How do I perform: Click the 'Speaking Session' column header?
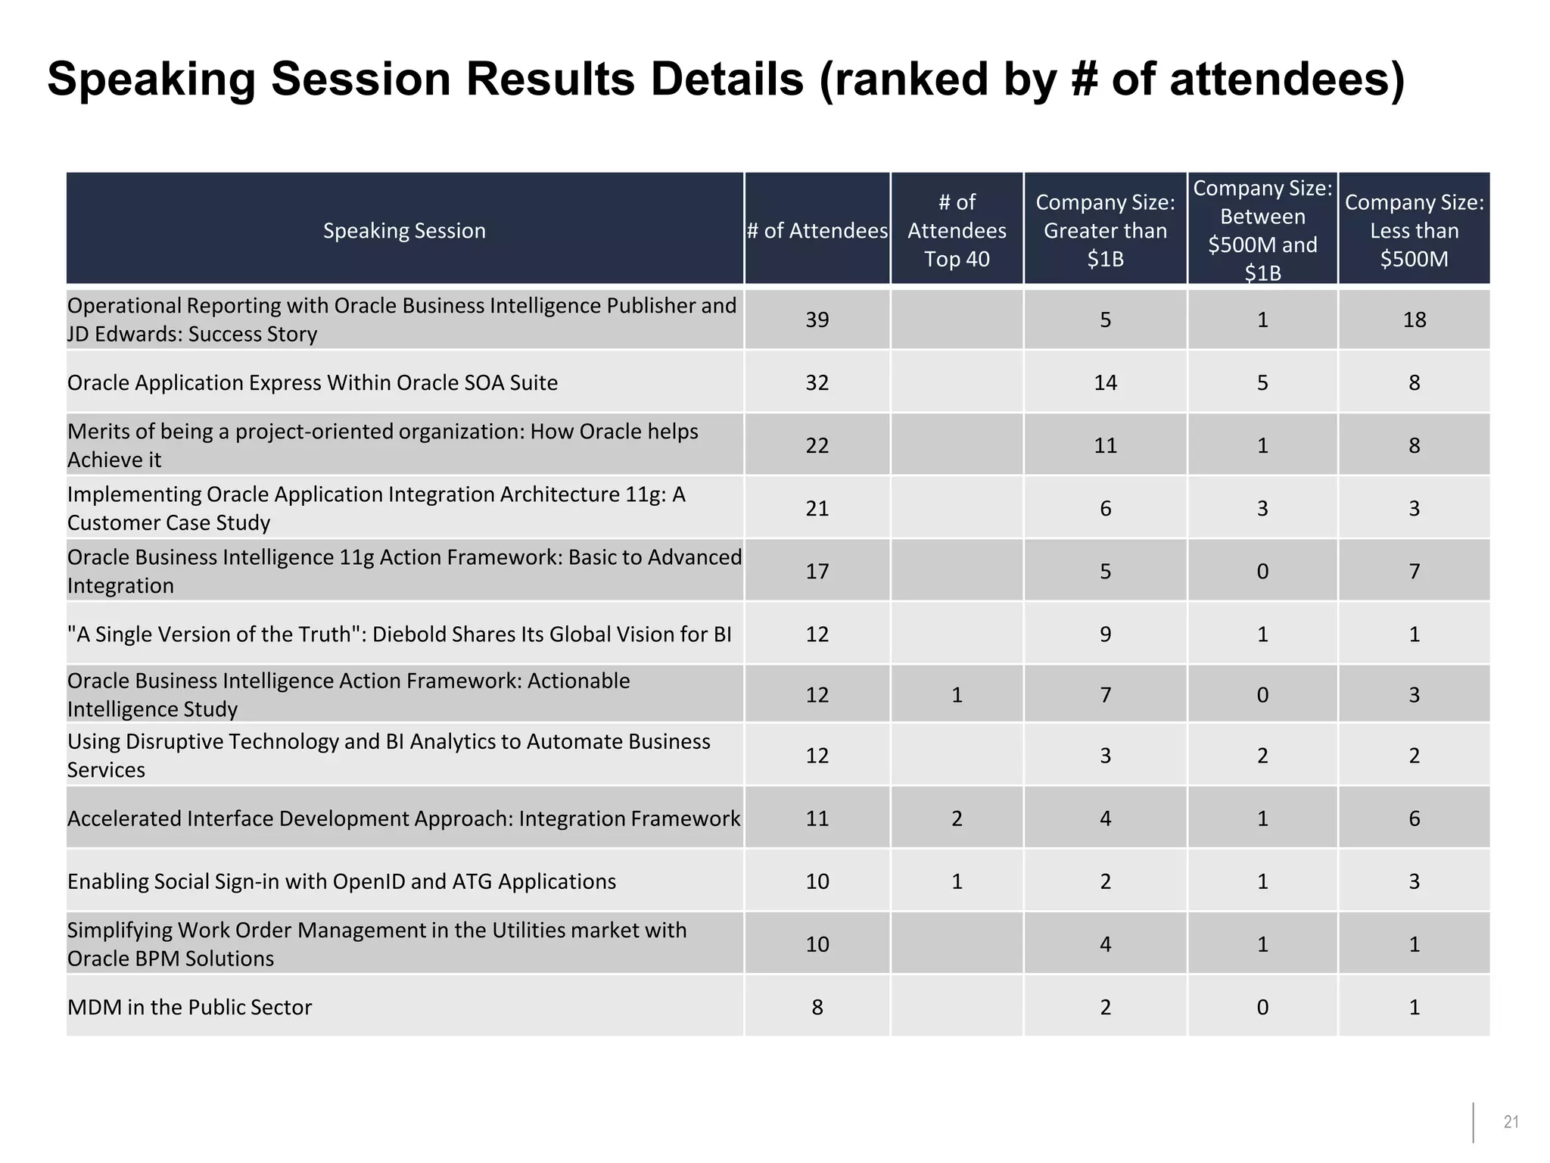coord(404,230)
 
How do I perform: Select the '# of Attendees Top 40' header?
coord(957,230)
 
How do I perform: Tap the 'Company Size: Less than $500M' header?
coord(1414,230)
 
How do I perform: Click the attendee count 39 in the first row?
coord(817,320)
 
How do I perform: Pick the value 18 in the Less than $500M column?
coord(1414,320)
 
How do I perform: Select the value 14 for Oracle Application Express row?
coord(1105,382)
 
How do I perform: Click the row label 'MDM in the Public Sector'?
coord(189,1007)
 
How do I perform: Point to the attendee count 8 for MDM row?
coord(817,1007)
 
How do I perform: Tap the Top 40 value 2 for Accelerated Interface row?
coord(957,818)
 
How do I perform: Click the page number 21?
coord(1511,1122)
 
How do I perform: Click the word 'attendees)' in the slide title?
coord(1287,80)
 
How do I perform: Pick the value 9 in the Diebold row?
coord(1105,634)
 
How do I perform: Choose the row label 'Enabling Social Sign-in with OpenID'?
coord(341,881)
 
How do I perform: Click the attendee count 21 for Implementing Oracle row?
coord(817,508)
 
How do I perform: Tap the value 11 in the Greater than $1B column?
coord(1105,445)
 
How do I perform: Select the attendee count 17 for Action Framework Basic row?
coord(817,571)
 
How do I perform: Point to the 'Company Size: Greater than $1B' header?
coord(1105,230)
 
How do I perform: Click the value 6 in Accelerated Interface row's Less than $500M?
coord(1414,818)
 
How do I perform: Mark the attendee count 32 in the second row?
coord(817,382)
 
